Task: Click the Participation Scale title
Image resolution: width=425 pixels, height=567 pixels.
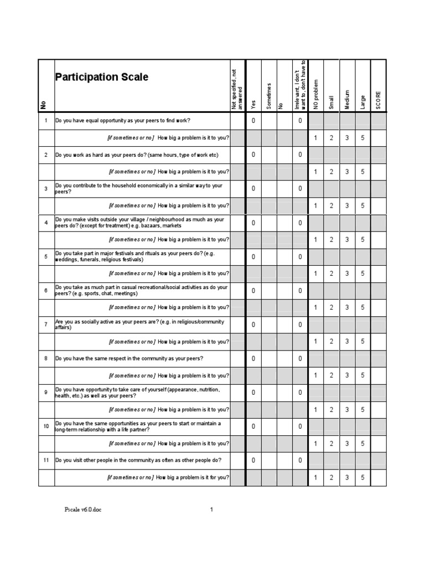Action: tap(101, 77)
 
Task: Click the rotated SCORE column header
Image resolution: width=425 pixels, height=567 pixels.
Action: tap(379, 100)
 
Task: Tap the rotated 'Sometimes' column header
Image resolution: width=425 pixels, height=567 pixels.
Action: tap(269, 96)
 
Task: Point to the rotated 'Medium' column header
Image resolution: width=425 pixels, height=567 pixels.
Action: tap(348, 99)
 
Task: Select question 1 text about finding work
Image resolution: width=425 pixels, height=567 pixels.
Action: tap(122, 120)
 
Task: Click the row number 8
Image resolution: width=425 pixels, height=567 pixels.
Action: tap(46, 358)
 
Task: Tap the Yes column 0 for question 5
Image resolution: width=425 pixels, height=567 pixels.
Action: tap(253, 256)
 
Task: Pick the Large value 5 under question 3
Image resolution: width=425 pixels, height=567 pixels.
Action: tap(362, 205)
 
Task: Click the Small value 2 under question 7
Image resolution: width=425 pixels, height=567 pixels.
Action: tap(331, 342)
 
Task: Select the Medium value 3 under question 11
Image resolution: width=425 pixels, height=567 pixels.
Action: tap(347, 477)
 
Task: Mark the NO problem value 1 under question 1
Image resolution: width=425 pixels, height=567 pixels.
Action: tap(315, 137)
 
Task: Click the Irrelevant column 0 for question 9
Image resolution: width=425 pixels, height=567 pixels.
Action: tap(300, 393)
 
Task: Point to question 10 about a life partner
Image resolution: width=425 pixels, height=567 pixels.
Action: tap(138, 426)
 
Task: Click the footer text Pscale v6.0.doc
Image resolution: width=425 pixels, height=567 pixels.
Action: tap(82, 511)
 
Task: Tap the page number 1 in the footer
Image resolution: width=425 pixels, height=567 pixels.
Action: tap(211, 511)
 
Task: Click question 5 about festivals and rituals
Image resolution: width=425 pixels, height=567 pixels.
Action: tap(138, 256)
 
